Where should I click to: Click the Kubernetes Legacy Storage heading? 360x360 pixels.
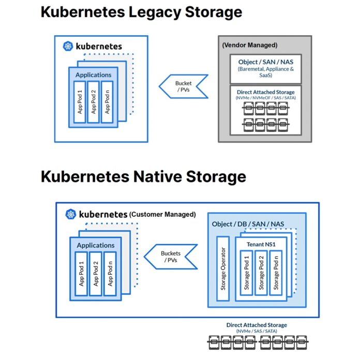click(141, 12)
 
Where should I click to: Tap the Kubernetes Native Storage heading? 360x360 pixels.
click(143, 176)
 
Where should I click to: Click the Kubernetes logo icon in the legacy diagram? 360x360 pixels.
click(68, 46)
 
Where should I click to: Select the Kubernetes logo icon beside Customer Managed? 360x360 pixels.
click(71, 214)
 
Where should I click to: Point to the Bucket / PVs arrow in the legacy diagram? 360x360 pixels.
click(184, 86)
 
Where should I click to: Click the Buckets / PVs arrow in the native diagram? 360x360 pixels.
click(171, 257)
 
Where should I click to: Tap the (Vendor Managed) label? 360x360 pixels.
click(250, 45)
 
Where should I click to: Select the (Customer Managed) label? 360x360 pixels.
click(162, 215)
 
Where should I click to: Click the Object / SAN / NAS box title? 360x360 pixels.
click(266, 62)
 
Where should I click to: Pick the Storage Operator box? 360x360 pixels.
click(223, 268)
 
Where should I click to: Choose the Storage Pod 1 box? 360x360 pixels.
click(247, 273)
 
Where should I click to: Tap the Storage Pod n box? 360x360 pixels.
click(276, 273)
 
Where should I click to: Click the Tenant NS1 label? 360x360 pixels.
click(261, 244)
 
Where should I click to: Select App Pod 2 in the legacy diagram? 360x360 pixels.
click(94, 102)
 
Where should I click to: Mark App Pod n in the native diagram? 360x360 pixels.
click(110, 274)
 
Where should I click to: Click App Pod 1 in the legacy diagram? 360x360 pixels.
click(80, 102)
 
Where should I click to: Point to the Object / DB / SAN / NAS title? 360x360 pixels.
click(248, 224)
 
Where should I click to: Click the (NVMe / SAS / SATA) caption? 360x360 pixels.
click(257, 331)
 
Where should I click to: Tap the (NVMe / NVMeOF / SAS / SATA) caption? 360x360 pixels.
click(266, 98)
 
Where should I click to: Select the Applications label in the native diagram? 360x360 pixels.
click(96, 246)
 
